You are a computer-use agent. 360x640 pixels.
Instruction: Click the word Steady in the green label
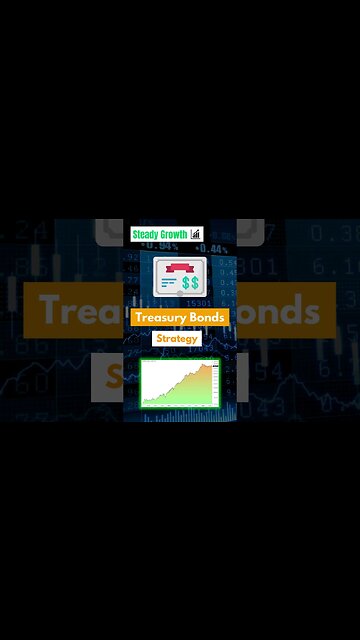pos(146,235)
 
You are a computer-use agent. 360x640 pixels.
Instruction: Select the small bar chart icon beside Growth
pos(196,235)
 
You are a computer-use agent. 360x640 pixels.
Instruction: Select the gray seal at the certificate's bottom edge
pos(180,297)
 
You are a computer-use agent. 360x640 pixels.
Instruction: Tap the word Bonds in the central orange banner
pos(208,317)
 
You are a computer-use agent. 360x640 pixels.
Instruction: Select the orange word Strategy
pos(176,339)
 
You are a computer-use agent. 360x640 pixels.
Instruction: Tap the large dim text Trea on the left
pos(75,312)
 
